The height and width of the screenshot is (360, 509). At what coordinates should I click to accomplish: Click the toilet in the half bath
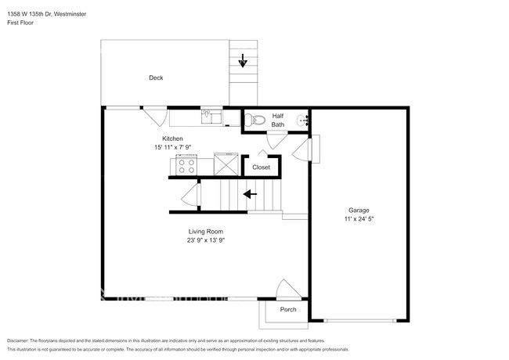tap(252, 120)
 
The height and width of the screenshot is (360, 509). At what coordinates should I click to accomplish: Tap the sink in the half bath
tap(304, 120)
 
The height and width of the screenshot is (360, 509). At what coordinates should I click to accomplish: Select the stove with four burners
tap(186, 164)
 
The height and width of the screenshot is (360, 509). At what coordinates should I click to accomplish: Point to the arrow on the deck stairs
tap(244, 60)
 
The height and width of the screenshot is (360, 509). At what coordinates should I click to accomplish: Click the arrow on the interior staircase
tap(251, 194)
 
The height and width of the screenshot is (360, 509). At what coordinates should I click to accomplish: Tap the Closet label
tap(261, 167)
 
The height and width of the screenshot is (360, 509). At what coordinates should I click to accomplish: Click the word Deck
tap(156, 77)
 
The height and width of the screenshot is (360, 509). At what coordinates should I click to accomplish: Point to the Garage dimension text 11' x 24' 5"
tap(359, 219)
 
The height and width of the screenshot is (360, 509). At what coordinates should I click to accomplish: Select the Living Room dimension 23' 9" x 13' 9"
tap(206, 240)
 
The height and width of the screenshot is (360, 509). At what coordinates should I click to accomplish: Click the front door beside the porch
tap(287, 290)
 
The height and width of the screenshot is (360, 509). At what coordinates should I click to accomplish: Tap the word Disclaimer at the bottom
tap(22, 341)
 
